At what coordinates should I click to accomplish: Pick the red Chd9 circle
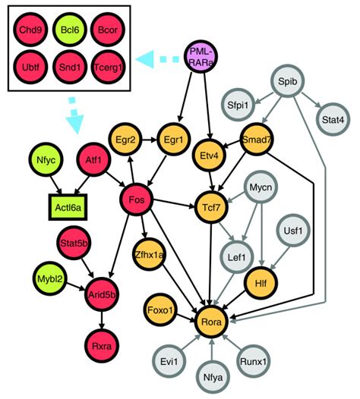pos(29,34)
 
